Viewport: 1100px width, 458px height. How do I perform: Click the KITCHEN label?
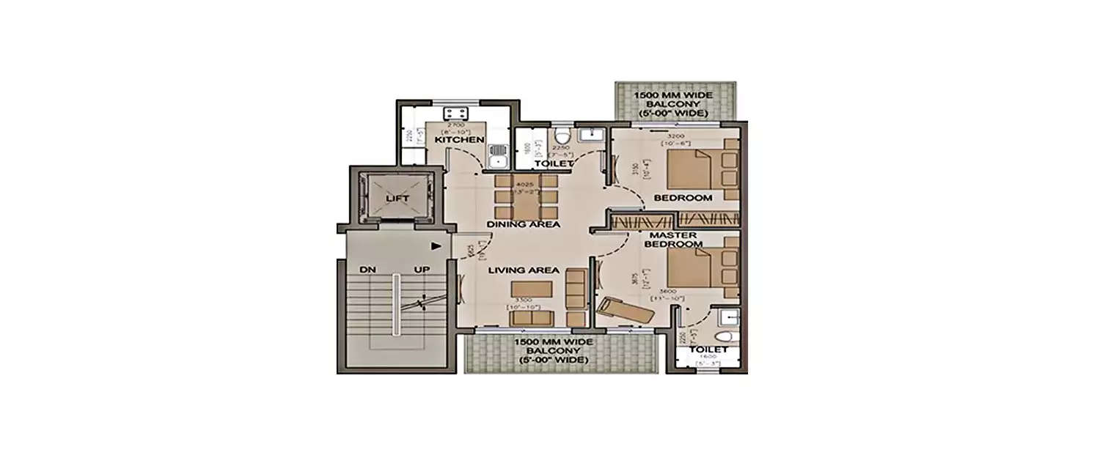click(x=460, y=139)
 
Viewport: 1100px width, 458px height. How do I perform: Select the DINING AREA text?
click(x=524, y=224)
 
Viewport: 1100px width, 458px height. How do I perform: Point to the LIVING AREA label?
click(x=524, y=270)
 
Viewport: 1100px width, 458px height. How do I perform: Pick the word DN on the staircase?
click(x=367, y=270)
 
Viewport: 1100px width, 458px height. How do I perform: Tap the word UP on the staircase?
click(x=422, y=270)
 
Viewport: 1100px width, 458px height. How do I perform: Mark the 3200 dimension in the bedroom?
click(x=675, y=137)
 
